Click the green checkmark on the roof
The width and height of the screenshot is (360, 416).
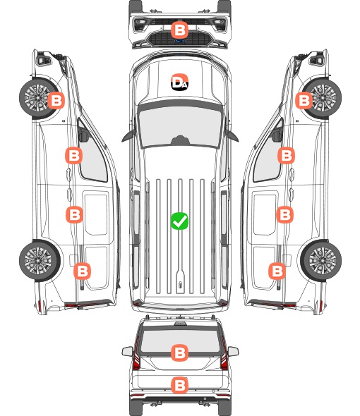[179, 221]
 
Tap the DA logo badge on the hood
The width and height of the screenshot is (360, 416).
[179, 82]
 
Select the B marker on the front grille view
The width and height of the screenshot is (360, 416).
[179, 30]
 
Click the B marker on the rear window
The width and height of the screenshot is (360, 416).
[179, 353]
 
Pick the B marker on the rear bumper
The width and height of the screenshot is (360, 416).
[179, 385]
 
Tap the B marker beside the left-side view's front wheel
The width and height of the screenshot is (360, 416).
[56, 100]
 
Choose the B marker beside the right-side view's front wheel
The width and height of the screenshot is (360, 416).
[304, 100]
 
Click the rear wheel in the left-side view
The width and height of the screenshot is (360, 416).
[40, 261]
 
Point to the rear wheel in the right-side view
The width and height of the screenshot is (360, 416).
[321, 261]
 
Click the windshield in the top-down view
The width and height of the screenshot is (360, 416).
[180, 127]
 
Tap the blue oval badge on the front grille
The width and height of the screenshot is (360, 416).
[180, 41]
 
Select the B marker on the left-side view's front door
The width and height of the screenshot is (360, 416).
[74, 155]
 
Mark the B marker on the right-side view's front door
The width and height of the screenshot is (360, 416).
[286, 155]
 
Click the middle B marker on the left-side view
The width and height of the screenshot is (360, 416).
[74, 214]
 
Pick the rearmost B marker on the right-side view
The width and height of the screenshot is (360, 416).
[277, 271]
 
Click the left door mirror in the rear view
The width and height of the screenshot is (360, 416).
[127, 351]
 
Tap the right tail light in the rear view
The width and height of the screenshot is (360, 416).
[224, 353]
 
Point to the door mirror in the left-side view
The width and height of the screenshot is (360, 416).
[83, 135]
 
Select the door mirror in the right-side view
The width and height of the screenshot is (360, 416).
[277, 135]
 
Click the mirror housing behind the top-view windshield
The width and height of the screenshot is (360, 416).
[180, 140]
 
